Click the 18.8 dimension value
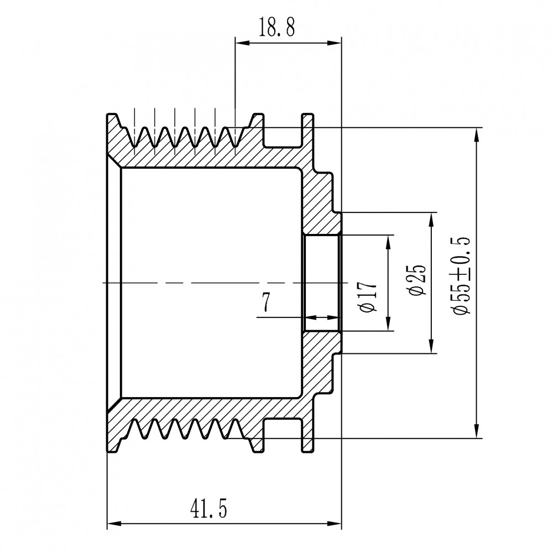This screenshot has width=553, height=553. tap(277, 27)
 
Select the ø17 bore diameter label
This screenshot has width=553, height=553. tap(368, 297)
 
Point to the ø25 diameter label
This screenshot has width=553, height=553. tap(417, 279)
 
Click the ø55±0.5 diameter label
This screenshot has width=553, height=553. tap(461, 276)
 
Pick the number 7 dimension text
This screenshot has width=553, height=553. tap(267, 302)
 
